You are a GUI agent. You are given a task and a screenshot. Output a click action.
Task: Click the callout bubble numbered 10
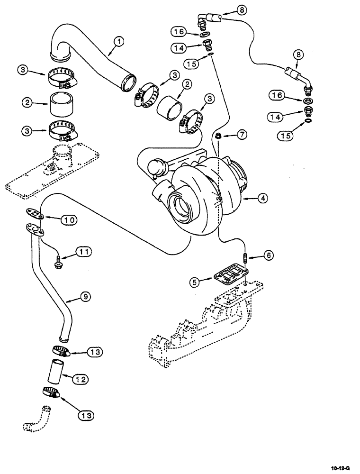pos(68,219)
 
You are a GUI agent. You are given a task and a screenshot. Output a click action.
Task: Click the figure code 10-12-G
pos(341,467)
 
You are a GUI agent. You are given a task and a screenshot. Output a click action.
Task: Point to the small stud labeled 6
pos(245,259)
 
